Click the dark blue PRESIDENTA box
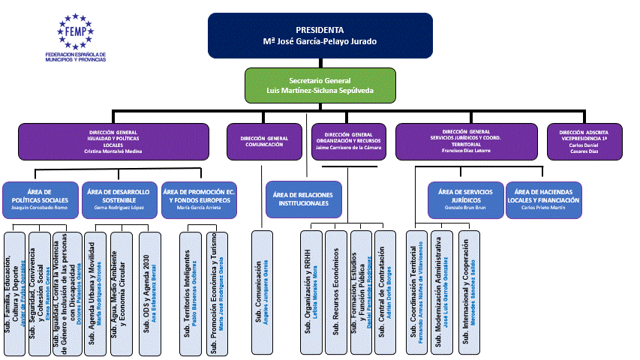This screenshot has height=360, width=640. tap(320, 35)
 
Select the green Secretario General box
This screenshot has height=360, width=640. tap(320, 85)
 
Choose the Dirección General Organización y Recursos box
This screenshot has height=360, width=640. tap(347, 141)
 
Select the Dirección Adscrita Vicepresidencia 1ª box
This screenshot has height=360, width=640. tap(584, 141)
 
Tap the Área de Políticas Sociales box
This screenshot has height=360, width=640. tap(40, 200)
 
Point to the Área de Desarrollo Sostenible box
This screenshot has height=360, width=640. tap(119, 200)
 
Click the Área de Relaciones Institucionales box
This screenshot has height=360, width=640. tap(303, 199)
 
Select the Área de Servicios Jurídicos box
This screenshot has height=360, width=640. tap(465, 199)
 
